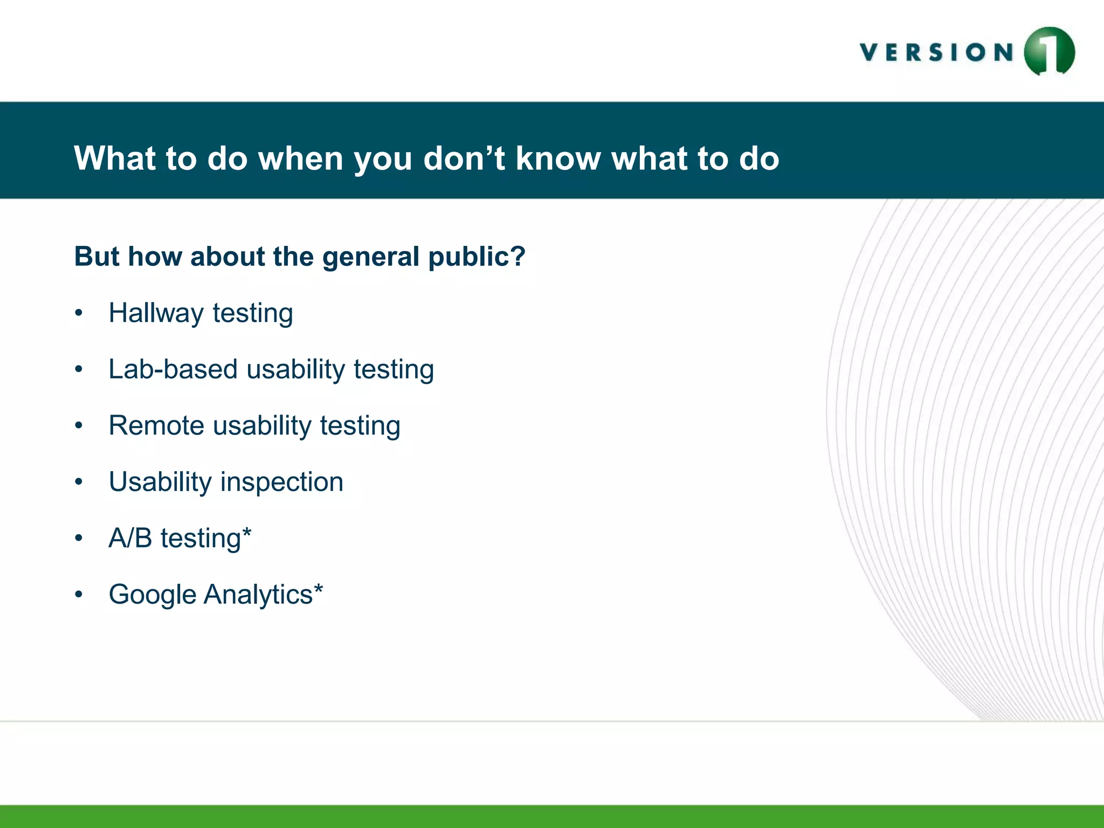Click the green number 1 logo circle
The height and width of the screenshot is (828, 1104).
click(x=1049, y=51)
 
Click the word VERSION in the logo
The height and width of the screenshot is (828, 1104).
click(x=937, y=53)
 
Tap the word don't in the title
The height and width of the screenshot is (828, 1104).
click(x=464, y=158)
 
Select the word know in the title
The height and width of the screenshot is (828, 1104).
click(x=558, y=158)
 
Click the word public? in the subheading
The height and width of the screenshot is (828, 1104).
click(x=477, y=257)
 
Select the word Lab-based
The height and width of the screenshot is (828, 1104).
click(x=173, y=369)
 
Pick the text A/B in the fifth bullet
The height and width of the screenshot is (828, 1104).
click(x=130, y=538)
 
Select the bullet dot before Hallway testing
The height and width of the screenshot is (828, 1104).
click(x=79, y=313)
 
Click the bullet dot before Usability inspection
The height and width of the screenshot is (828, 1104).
click(x=79, y=482)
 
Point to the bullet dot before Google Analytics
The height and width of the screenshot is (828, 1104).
click(x=79, y=595)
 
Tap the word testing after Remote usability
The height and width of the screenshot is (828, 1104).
click(x=360, y=426)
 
